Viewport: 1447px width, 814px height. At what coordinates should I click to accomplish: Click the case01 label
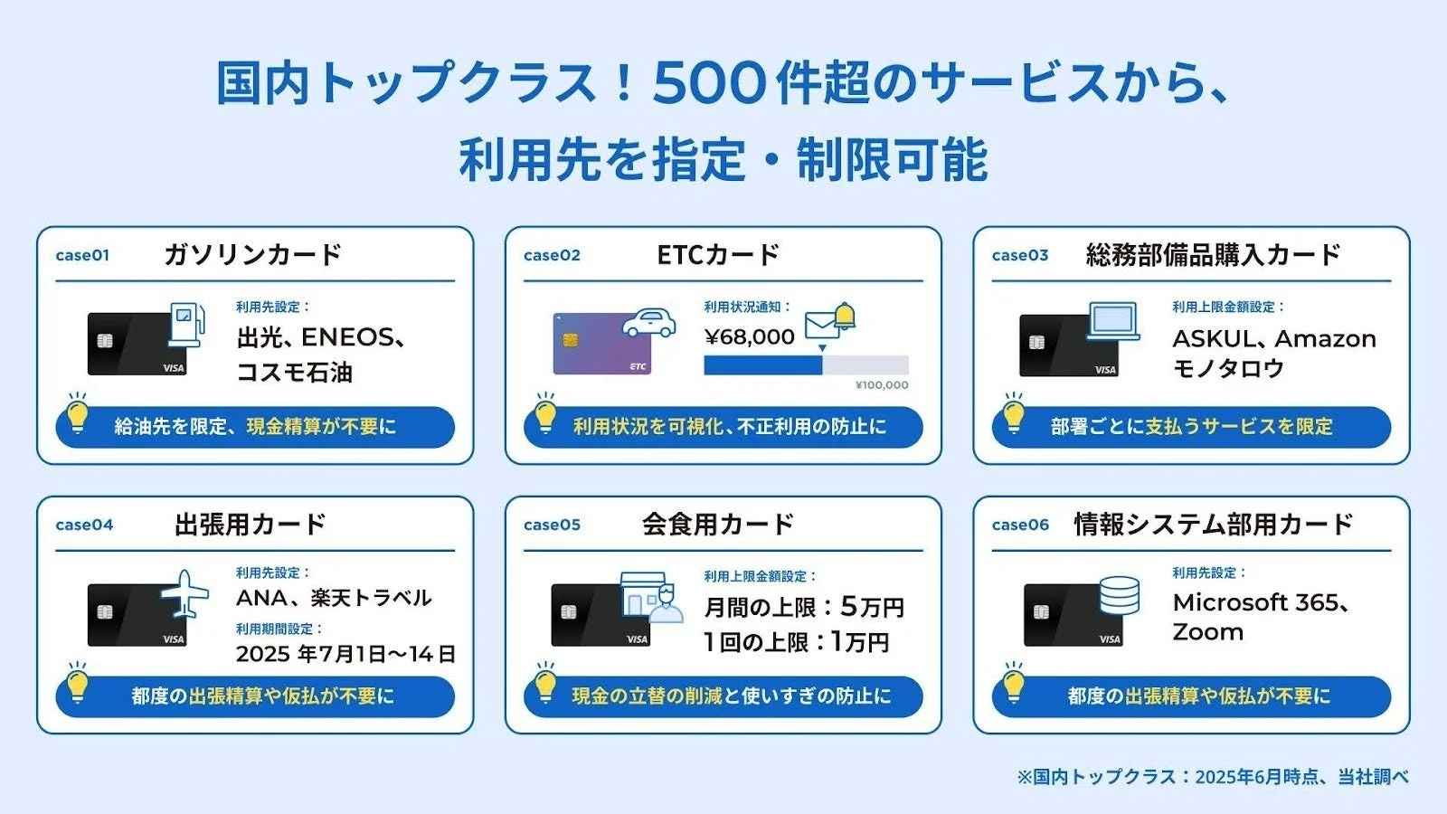[82, 255]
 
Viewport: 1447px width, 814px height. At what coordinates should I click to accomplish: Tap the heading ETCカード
[718, 255]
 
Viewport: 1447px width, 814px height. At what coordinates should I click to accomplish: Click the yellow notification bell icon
[845, 315]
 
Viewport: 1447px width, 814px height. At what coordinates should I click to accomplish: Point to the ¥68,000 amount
[749, 337]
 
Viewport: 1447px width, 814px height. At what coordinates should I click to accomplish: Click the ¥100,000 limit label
[881, 385]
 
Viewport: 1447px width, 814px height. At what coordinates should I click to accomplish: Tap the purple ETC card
[602, 345]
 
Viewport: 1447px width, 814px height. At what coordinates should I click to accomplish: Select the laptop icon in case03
[1113, 321]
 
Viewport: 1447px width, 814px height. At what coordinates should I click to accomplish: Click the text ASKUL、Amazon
[1273, 339]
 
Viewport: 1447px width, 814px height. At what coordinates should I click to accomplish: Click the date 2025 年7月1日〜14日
[345, 654]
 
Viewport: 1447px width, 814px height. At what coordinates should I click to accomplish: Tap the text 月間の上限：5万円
[804, 607]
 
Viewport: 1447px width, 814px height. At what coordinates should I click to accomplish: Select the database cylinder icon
[1119, 596]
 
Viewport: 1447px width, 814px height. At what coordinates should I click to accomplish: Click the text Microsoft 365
[1257, 602]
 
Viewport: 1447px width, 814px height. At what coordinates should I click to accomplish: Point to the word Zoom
[1207, 632]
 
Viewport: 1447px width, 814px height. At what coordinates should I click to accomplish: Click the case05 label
[552, 525]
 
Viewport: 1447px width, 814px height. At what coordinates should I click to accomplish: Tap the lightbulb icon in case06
[1014, 685]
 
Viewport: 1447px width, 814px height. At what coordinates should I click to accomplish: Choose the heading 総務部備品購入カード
[1213, 255]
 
